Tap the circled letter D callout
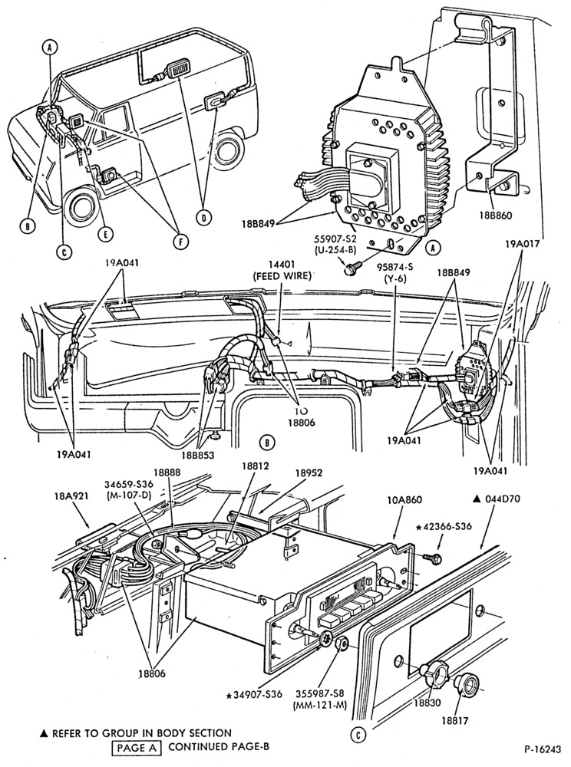click(203, 218)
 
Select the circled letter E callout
click(104, 234)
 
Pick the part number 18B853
click(198, 454)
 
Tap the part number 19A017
click(521, 243)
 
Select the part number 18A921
click(71, 495)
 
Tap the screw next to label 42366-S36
click(432, 556)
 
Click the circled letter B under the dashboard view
click(266, 443)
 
